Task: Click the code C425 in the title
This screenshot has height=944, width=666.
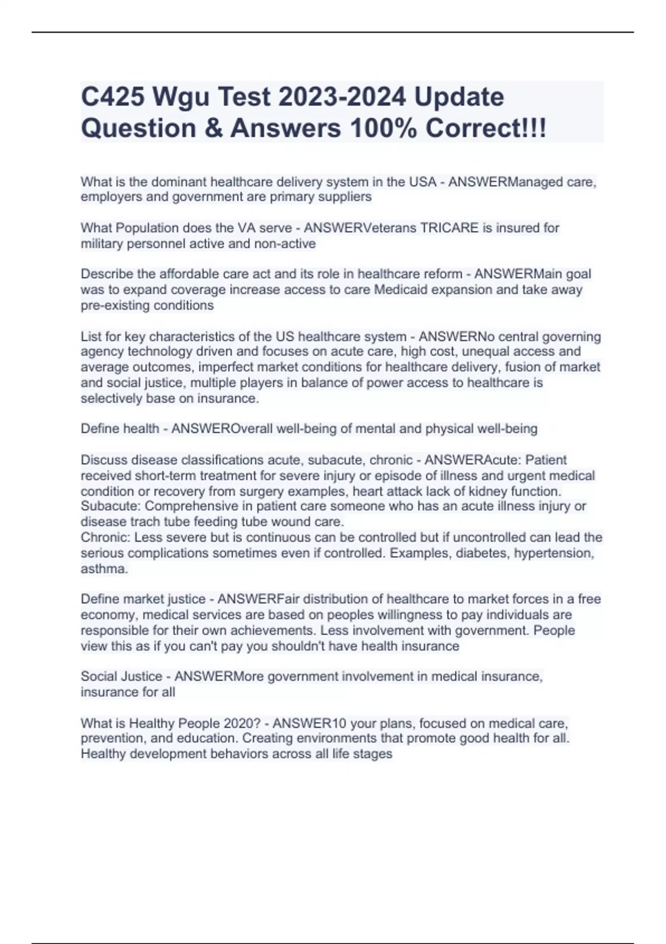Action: point(113,97)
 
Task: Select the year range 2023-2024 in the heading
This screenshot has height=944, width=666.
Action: point(342,97)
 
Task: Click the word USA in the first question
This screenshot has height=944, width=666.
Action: point(423,182)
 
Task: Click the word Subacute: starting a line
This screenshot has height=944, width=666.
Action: point(111,506)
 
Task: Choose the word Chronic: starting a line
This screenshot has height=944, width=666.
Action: point(106,537)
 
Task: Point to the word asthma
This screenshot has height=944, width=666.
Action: point(104,569)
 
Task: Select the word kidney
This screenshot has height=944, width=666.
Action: point(489,491)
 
